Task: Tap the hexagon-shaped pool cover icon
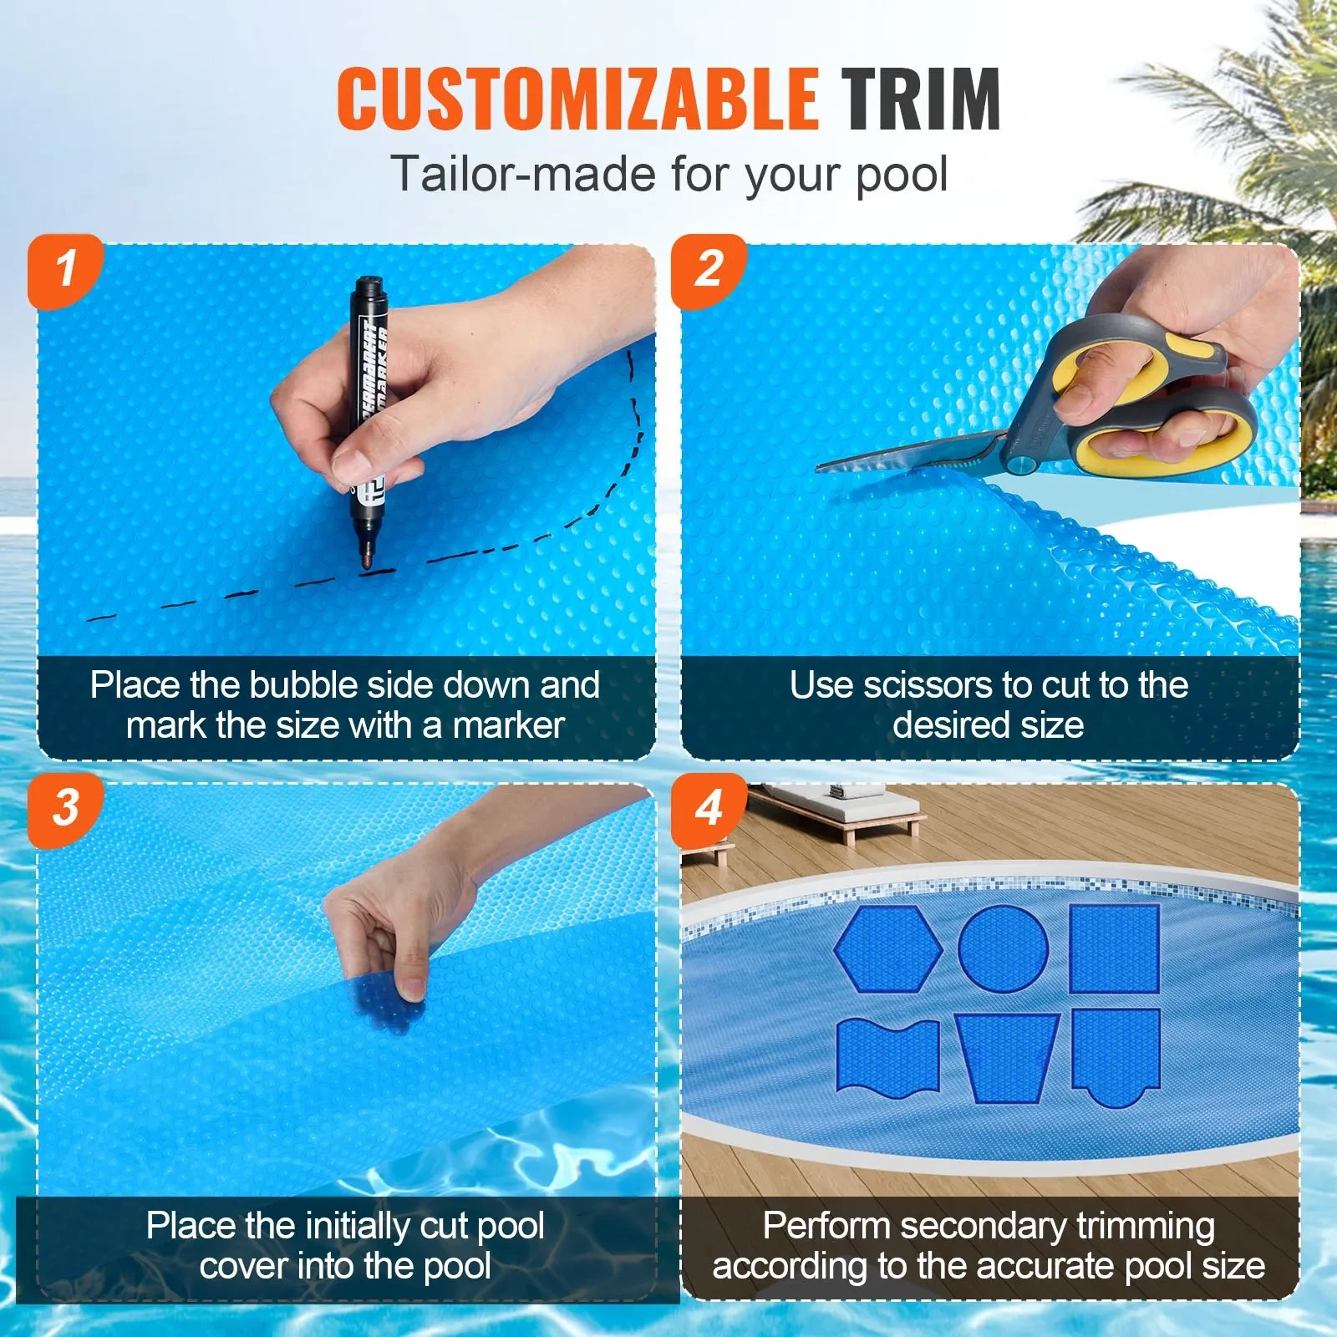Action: [x=888, y=948]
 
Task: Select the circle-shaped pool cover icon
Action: [x=1003, y=948]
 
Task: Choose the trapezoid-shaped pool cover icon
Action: [x=1007, y=1057]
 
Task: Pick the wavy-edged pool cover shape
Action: [x=887, y=1055]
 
